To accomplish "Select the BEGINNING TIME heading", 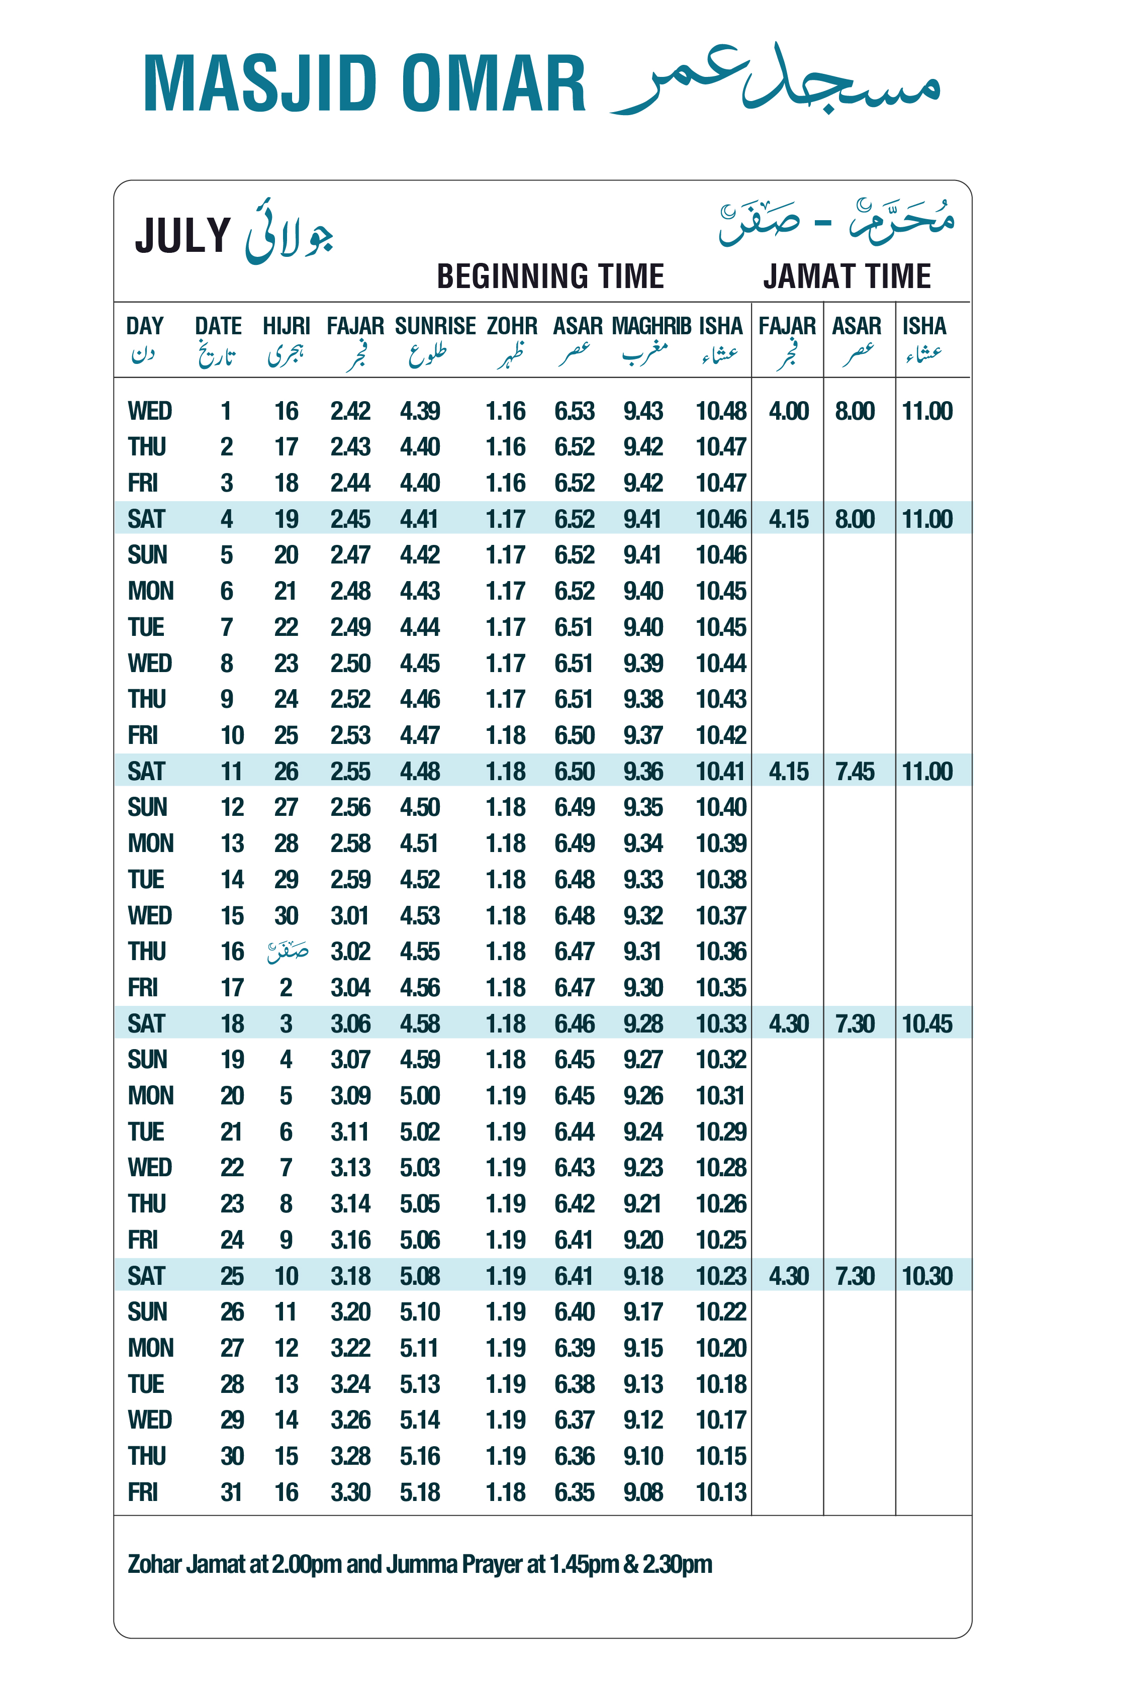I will [550, 276].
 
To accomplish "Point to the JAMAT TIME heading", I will [847, 276].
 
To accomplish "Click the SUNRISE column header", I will [435, 326].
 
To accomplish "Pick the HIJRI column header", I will [286, 326].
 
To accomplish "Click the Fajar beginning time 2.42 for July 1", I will [350, 411].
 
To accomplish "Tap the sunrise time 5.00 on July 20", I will [420, 1095].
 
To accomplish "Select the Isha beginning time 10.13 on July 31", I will [721, 1492].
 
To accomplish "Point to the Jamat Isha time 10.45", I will [927, 1023].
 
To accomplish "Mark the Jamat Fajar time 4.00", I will [789, 411].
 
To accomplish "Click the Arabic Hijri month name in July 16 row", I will [288, 952].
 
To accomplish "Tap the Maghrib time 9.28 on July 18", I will [643, 1023].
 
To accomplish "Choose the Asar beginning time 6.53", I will [574, 411].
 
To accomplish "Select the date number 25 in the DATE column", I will [232, 1275].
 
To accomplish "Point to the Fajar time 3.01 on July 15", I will [350, 915].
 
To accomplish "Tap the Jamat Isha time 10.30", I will [927, 1275].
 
